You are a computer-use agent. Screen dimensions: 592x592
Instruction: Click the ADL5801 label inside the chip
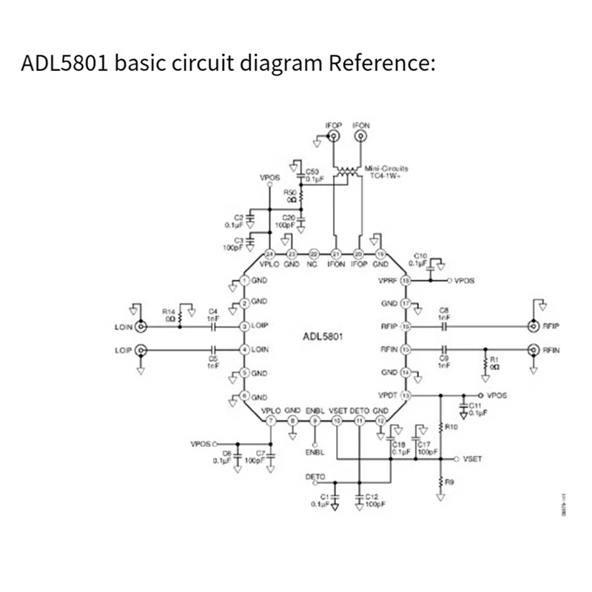click(x=326, y=337)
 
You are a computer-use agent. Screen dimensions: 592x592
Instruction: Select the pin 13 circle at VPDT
click(x=405, y=396)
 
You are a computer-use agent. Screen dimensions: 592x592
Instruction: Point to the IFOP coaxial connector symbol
click(x=333, y=137)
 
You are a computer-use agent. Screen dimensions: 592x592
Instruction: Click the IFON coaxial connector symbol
click(x=360, y=137)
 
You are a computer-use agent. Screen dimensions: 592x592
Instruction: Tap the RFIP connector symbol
click(x=531, y=326)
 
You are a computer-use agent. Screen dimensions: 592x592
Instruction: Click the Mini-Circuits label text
click(x=386, y=168)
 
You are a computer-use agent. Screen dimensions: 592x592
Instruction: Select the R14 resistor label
click(x=168, y=312)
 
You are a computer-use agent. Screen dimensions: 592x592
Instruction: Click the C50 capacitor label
click(x=312, y=171)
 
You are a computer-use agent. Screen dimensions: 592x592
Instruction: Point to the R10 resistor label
click(x=451, y=427)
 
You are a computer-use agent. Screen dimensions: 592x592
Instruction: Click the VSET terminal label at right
click(x=471, y=459)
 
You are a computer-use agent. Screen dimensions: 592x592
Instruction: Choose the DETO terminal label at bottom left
click(x=316, y=477)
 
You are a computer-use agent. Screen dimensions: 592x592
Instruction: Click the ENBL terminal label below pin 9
click(x=315, y=450)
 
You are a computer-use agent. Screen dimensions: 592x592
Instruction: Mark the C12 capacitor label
click(x=371, y=497)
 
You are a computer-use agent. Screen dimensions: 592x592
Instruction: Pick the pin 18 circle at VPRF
click(x=405, y=281)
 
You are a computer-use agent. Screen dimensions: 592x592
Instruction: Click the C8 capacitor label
click(x=445, y=310)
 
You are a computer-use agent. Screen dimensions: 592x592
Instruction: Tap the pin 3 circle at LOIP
click(x=244, y=326)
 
